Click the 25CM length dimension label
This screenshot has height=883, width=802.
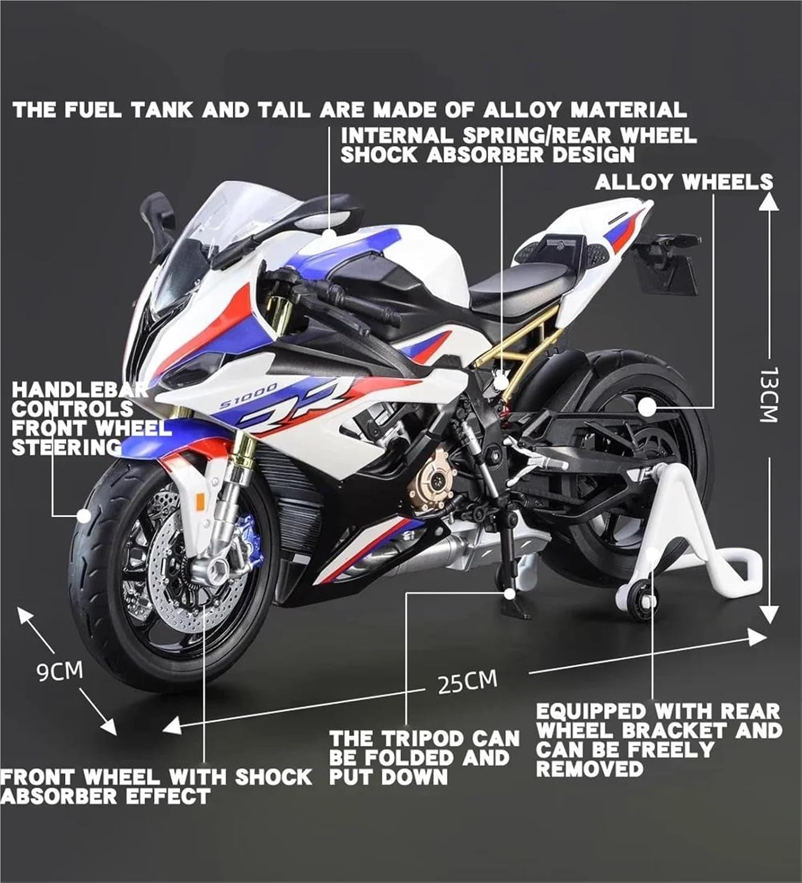pos(468,682)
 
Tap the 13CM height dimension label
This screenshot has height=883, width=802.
pos(769,394)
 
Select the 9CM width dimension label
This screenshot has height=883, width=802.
pos(59,671)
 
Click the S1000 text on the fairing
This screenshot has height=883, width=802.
pos(248,397)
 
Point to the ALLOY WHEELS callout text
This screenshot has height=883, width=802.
pos(683,182)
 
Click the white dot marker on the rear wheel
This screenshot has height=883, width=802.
pos(647,406)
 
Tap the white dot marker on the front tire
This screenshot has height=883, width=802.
pos(84,516)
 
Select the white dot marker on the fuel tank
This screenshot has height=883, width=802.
pos(329,233)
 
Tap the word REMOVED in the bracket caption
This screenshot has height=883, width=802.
pos(589,769)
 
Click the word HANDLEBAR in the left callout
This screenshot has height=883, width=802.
pos(80,390)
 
